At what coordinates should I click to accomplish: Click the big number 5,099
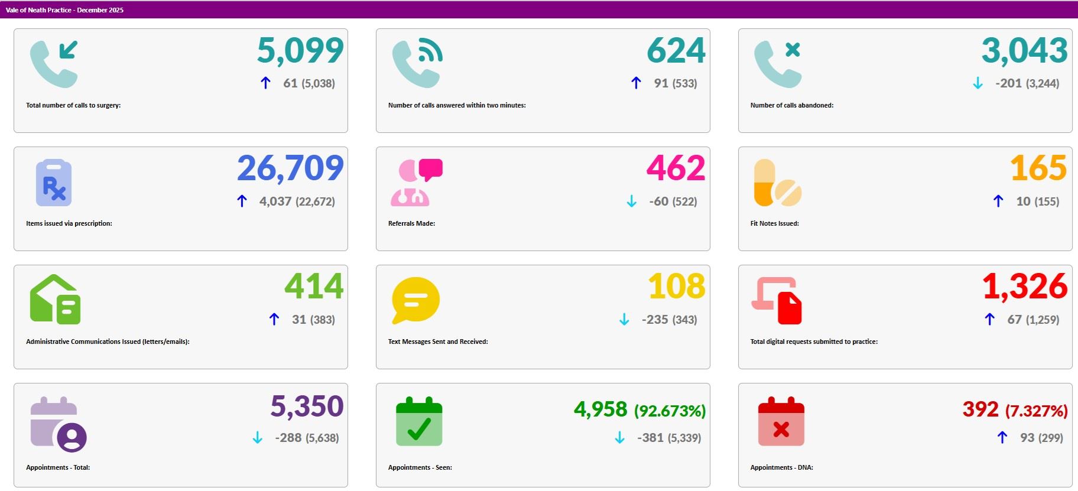pyautogui.click(x=300, y=51)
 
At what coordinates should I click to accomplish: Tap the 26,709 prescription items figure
pyautogui.click(x=290, y=169)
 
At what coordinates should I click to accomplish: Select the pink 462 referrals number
pyautogui.click(x=676, y=169)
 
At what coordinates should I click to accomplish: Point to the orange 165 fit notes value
pyautogui.click(x=1038, y=169)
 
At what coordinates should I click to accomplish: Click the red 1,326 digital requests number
pyautogui.click(x=1024, y=287)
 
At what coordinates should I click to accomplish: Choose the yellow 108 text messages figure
pyautogui.click(x=677, y=287)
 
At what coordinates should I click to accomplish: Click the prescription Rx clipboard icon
pyautogui.click(x=54, y=183)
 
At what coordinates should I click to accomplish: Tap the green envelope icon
pyautogui.click(x=55, y=300)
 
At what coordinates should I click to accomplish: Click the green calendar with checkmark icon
pyautogui.click(x=419, y=422)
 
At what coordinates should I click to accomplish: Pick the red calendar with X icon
pyautogui.click(x=781, y=422)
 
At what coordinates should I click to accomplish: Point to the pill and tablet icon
pyautogui.click(x=777, y=183)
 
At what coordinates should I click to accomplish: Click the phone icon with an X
pyautogui.click(x=777, y=64)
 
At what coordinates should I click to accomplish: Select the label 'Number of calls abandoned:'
pyautogui.click(x=791, y=105)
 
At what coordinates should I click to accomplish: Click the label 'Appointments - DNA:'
pyautogui.click(x=781, y=467)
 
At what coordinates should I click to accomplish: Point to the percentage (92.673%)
pyautogui.click(x=670, y=411)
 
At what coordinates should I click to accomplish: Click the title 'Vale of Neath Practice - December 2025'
pyautogui.click(x=64, y=10)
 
